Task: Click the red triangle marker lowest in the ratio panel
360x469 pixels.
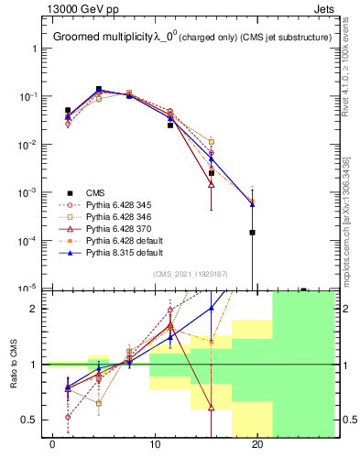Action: (x=212, y=408)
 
